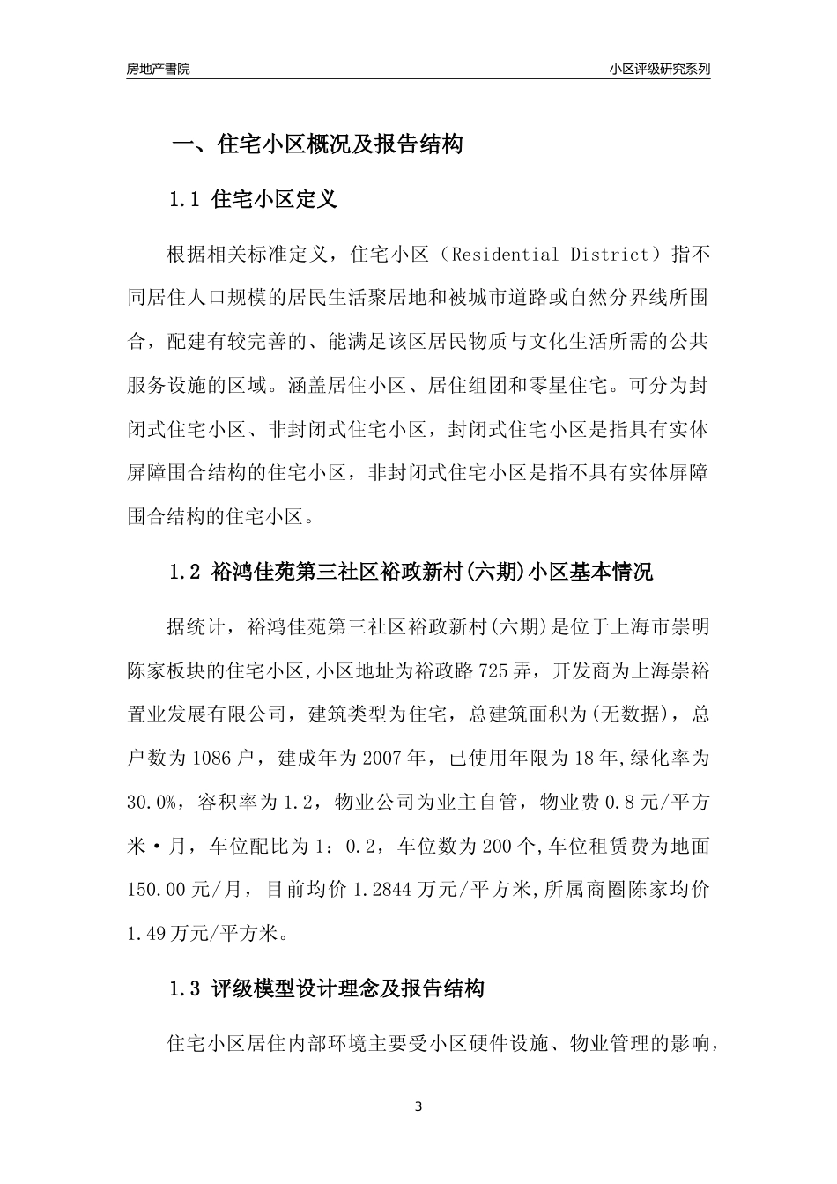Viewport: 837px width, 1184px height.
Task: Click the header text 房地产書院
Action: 159,69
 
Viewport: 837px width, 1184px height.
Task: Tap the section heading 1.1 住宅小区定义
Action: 253,199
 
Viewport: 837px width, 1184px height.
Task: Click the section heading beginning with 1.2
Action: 411,573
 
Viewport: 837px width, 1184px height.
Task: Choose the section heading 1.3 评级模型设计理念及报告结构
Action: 327,989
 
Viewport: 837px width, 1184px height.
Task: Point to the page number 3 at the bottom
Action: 418,1106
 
